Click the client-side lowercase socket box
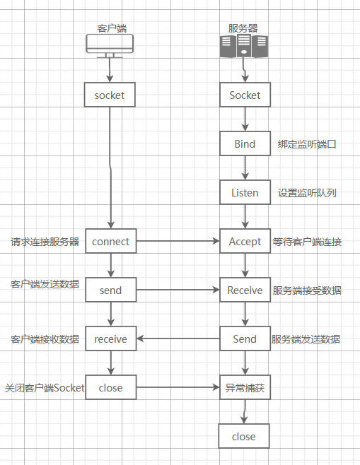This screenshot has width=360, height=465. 110,95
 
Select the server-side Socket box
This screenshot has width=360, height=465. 245,95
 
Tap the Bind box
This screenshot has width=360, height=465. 245,144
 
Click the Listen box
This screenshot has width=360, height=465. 245,192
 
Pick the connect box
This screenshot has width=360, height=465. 110,241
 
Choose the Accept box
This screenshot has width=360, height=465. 245,241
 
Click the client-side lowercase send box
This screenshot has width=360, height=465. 110,290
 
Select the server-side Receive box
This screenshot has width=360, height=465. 245,290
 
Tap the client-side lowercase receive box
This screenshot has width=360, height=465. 110,339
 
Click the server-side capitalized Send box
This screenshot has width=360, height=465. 245,339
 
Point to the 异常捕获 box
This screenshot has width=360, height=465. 245,387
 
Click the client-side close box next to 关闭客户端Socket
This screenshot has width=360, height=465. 110,387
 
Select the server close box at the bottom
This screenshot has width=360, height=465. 243,437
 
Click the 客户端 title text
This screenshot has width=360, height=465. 111,28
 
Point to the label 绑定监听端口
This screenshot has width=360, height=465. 307,144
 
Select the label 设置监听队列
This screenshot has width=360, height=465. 307,192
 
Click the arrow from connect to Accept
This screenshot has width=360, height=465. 178,241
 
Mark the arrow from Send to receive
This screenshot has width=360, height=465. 178,339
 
